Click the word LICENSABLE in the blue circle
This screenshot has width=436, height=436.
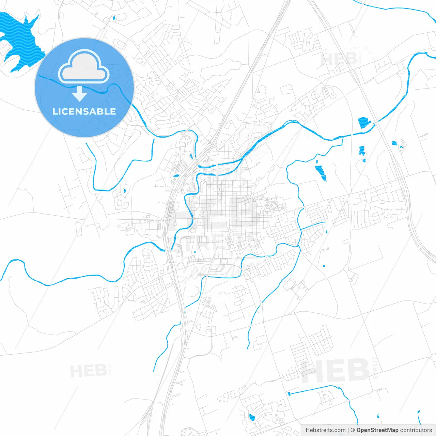click(84, 111)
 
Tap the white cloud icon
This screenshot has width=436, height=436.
click(84, 67)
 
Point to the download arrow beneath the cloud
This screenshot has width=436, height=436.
click(79, 94)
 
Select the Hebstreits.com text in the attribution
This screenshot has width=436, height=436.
click(325, 430)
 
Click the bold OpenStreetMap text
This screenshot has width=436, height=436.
click(377, 430)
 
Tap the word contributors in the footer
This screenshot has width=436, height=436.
click(416, 430)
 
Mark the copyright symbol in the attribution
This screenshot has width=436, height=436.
click(353, 430)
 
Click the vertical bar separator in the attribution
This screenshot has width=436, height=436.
click(348, 430)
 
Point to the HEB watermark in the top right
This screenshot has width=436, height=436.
click(339, 60)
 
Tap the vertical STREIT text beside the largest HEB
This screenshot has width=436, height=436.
click(375, 368)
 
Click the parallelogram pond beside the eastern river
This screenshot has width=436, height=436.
click(364, 122)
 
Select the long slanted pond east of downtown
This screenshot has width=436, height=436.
click(321, 172)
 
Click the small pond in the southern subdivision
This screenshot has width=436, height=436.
click(252, 418)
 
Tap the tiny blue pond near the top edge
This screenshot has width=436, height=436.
click(114, 18)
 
